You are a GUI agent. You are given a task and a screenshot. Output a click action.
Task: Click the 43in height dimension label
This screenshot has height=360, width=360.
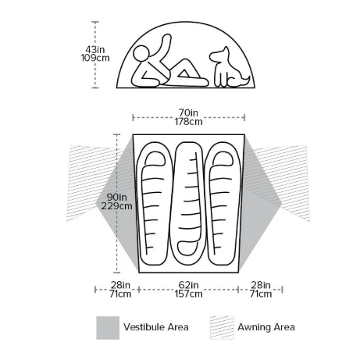coord(95,49)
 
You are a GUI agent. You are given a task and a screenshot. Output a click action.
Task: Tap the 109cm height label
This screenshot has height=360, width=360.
coord(95,58)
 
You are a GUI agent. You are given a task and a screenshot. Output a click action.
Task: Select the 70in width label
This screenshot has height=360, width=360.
coord(188,112)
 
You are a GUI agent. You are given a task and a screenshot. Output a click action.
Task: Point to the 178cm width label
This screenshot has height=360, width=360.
coord(188,122)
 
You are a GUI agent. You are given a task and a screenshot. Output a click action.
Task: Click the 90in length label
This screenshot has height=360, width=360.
coord(117,197)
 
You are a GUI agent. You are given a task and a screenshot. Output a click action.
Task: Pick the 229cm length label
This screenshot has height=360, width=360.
coord(117,206)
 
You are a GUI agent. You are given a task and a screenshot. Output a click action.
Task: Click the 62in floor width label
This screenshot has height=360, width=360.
coord(188,285)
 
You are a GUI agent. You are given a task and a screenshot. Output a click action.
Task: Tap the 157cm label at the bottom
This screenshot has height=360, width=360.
coord(188,294)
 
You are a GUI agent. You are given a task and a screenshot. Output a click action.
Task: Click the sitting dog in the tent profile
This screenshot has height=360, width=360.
coord(228,68)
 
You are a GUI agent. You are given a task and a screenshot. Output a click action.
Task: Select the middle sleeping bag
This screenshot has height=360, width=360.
coord(188,201)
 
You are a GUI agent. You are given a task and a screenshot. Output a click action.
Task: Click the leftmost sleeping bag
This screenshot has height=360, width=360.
coord(155,203)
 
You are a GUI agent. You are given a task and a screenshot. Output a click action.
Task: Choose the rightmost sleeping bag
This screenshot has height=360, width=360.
coord(223,203)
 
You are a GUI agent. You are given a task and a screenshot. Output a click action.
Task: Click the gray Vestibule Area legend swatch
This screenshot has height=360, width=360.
coord(108,328)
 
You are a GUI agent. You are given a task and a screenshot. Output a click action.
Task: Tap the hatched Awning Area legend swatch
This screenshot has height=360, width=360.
coord(222,328)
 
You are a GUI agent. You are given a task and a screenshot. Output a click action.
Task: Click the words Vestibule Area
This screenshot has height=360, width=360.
coord(156,327)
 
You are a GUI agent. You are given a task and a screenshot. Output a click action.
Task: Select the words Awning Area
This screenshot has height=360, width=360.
coord(266,327)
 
